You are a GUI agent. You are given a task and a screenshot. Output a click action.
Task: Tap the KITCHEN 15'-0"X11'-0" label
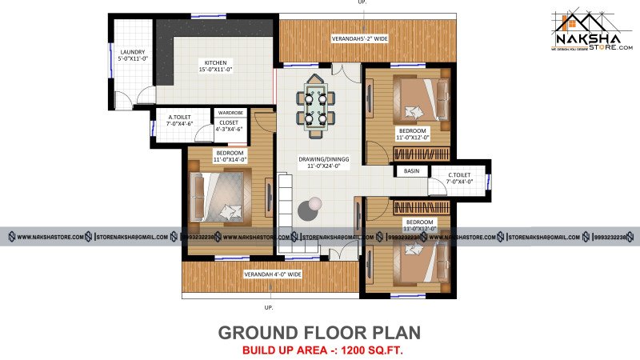[x=215, y=66]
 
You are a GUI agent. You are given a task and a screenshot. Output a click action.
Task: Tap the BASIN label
[x=411, y=171]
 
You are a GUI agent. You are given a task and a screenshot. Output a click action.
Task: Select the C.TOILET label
[x=459, y=178]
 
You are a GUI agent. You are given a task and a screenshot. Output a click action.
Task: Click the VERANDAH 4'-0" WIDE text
[x=273, y=274]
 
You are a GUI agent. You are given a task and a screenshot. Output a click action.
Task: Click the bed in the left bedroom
[x=217, y=197]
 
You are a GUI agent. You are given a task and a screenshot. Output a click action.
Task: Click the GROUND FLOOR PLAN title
[x=320, y=332]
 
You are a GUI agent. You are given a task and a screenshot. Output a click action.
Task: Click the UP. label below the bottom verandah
[x=269, y=307]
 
